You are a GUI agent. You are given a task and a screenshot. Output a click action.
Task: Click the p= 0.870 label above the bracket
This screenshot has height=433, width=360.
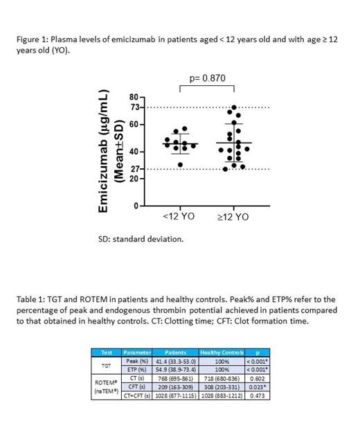[x=207, y=80]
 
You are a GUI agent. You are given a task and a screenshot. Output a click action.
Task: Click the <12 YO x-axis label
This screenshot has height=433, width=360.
[x=179, y=217]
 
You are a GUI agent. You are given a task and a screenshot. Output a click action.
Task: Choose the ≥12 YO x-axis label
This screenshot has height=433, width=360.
[x=233, y=217]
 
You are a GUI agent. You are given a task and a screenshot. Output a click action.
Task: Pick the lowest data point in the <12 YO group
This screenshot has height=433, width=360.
[x=181, y=164]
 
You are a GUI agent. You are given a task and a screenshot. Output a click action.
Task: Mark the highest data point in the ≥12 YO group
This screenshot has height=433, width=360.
[x=234, y=108]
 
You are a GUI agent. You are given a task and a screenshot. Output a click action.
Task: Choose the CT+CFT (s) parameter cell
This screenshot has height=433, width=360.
[x=137, y=395]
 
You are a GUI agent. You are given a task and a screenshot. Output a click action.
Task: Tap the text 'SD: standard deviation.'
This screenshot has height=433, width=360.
[x=141, y=239]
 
